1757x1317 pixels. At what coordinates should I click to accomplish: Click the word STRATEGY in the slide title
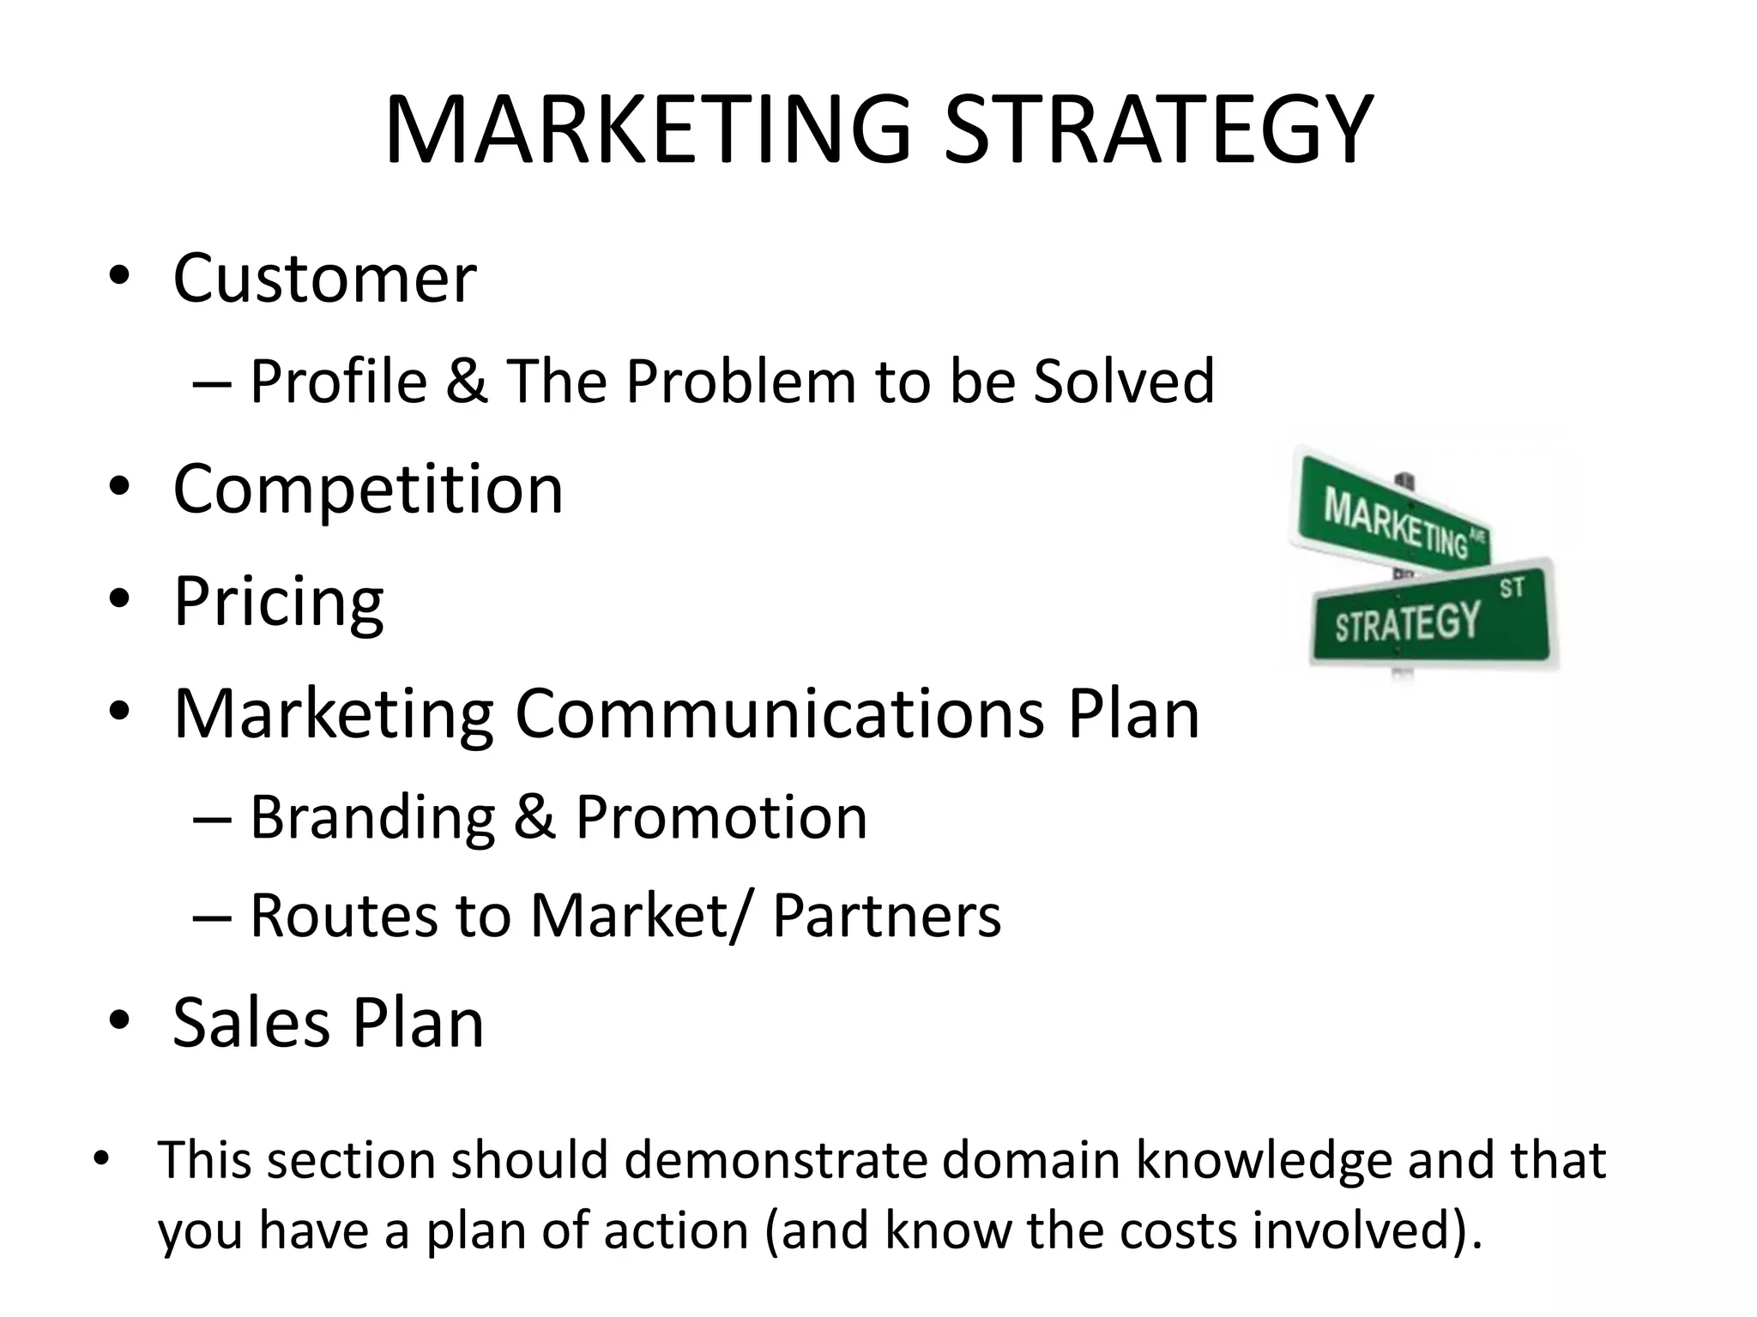(1158, 130)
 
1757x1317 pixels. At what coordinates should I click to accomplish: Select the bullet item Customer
(324, 278)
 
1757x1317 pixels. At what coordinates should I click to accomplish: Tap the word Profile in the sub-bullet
(338, 381)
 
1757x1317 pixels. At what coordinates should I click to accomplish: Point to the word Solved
(1124, 381)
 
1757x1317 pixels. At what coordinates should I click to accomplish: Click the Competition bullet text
(368, 489)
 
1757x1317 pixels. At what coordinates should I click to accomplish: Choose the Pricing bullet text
(279, 602)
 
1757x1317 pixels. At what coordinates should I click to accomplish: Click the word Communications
(779, 713)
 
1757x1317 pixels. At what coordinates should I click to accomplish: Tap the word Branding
(372, 817)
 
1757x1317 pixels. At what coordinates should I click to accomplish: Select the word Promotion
(721, 817)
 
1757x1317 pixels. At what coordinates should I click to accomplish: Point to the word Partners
(886, 916)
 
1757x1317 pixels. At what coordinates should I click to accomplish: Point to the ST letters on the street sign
(1512, 588)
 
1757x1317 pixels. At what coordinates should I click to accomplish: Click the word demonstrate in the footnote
(776, 1160)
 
